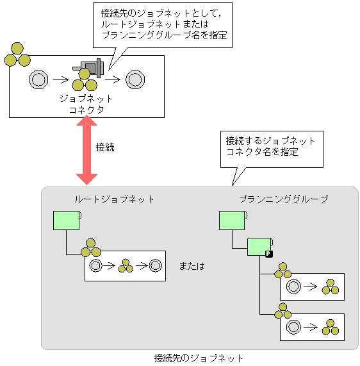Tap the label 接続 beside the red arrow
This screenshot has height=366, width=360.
tap(104, 147)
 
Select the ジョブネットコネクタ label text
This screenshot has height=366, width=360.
tap(86, 104)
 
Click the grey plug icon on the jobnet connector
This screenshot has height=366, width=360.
tap(90, 67)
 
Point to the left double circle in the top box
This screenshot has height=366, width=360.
tap(38, 79)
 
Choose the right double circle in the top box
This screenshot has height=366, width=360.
tap(134, 79)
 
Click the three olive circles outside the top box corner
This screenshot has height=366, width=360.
tap(17, 56)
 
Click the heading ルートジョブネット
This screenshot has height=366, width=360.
tap(115, 199)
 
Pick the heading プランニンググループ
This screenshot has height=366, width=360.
tap(283, 199)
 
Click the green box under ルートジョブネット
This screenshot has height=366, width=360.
tap(66, 220)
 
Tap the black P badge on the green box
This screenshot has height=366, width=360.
tap(269, 254)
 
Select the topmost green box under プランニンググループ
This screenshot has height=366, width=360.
tap(232, 220)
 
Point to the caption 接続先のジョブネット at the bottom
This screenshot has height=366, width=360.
tap(199, 358)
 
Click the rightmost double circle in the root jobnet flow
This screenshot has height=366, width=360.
tap(155, 265)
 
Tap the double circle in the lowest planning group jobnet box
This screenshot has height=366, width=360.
tap(295, 327)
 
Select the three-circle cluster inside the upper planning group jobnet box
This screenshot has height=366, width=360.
tap(331, 287)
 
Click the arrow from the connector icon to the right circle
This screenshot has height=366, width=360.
tap(112, 79)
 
